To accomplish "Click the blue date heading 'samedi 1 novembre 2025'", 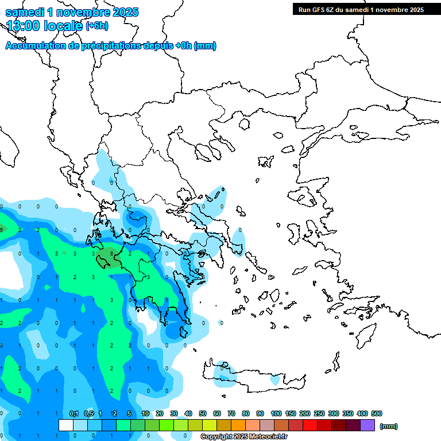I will tap(72, 12).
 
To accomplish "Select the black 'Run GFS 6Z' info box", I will tap(358, 9).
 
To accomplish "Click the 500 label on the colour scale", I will tap(377, 413).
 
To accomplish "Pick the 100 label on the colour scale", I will tap(276, 413).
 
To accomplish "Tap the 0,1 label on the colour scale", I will tap(74, 413).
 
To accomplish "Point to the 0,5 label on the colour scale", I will tap(89, 413).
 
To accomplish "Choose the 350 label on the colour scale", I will tap(348, 413).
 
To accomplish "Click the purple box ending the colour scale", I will tap(367, 425).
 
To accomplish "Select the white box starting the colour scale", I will tap(66, 425).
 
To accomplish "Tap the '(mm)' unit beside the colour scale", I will tap(389, 426).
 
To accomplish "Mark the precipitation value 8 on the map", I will tap(111, 253).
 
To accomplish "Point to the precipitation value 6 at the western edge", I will tap(2, 230).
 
